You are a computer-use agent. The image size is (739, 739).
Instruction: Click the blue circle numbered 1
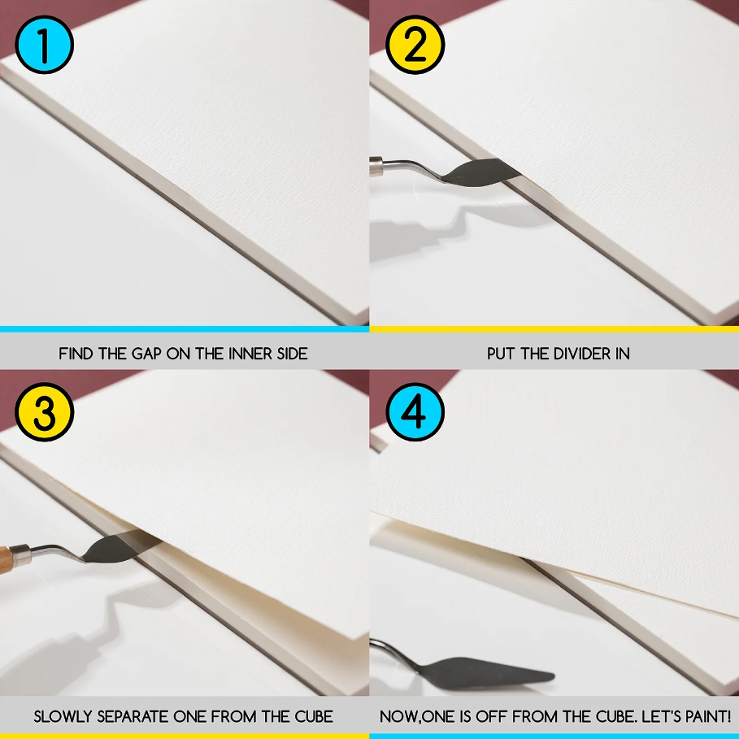[44, 45]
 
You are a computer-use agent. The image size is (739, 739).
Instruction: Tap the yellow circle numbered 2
[415, 45]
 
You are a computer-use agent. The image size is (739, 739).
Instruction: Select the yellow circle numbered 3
[44, 412]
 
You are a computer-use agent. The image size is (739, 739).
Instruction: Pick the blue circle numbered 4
[415, 412]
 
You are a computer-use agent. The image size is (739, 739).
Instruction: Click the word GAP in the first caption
[146, 354]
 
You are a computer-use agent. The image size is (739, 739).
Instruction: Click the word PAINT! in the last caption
[708, 716]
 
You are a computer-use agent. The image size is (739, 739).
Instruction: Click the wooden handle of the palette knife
[5, 559]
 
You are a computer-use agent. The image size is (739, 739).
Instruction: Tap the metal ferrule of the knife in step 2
[376, 166]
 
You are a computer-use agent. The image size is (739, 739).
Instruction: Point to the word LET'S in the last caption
[663, 716]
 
